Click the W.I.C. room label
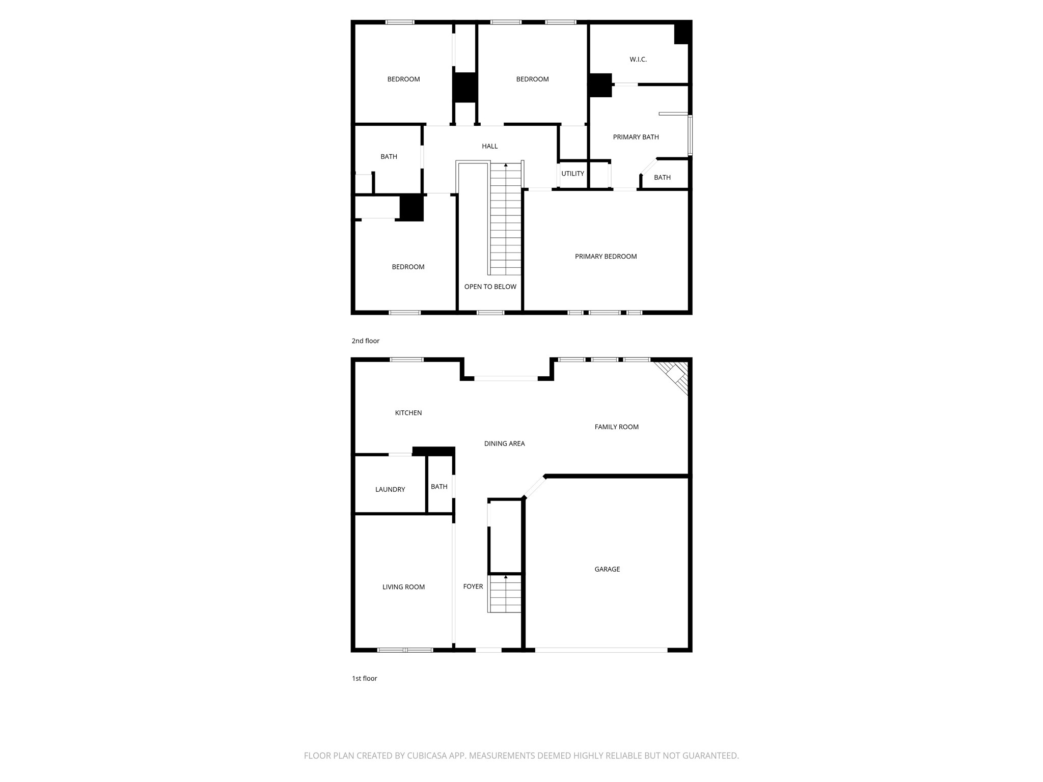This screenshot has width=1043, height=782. click(638, 60)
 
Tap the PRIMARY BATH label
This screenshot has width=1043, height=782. click(636, 137)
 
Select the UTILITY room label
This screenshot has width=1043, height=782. click(572, 174)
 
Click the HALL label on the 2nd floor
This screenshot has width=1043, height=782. click(489, 146)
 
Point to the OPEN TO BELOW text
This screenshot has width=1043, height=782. click(490, 287)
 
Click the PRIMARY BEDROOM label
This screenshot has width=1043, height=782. click(606, 257)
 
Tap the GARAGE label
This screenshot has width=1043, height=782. click(607, 569)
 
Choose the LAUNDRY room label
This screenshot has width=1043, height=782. click(390, 489)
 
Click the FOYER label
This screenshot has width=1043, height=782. click(473, 586)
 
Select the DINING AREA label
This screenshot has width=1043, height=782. click(504, 443)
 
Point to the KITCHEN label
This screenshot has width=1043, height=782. click(408, 413)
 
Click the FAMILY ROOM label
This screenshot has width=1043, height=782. click(616, 427)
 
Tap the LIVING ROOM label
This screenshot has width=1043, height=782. click(403, 587)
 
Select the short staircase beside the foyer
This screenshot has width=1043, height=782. click(505, 594)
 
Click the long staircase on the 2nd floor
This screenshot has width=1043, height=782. click(506, 219)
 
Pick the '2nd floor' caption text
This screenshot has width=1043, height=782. click(365, 341)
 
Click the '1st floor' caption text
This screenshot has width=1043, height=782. click(364, 679)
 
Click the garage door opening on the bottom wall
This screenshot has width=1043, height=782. click(601, 650)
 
